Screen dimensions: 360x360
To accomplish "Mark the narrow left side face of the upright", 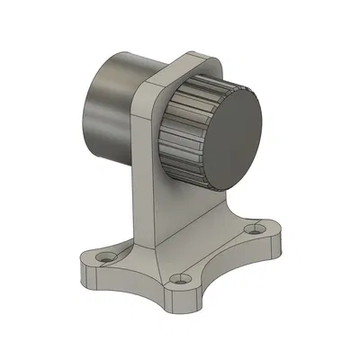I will coord(144,180).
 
